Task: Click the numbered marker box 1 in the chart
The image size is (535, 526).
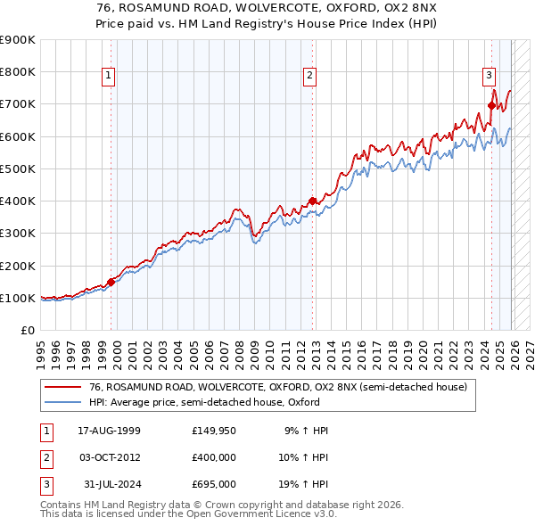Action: coord(108,76)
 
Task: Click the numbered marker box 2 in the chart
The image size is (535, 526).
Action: coord(309,76)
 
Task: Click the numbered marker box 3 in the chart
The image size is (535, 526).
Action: coord(490,76)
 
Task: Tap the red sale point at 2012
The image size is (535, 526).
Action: coord(312,201)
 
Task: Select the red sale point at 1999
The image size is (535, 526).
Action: coord(111,282)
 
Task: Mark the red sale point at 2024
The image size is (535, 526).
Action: coord(491,106)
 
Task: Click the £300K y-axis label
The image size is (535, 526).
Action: coord(18,234)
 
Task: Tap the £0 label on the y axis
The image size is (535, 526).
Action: coord(27,331)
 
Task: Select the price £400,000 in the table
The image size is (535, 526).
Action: coord(213,457)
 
